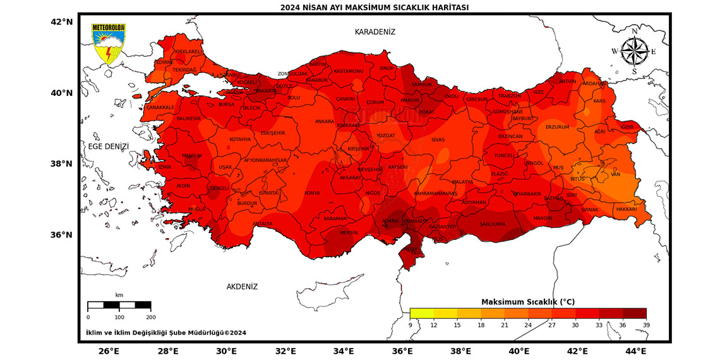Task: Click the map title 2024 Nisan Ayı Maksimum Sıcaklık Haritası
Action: pyautogui.click(x=375, y=7)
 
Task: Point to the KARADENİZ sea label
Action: pyautogui.click(x=375, y=32)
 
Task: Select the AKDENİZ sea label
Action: pyautogui.click(x=242, y=287)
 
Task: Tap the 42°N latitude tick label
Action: pyautogui.click(x=63, y=21)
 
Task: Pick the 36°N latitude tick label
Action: pyautogui.click(x=63, y=235)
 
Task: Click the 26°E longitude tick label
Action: pyautogui.click(x=109, y=351)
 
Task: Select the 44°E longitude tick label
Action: pyautogui.click(x=636, y=351)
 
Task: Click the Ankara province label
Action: pyautogui.click(x=325, y=121)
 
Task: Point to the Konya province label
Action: pyautogui.click(x=312, y=193)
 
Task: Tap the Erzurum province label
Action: pyautogui.click(x=558, y=127)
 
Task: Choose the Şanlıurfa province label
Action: pyautogui.click(x=493, y=224)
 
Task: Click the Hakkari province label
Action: pyautogui.click(x=627, y=209)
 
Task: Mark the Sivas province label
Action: pyautogui.click(x=438, y=140)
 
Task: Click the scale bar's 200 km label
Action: pyautogui.click(x=150, y=317)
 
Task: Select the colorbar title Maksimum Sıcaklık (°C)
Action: pyautogui.click(x=528, y=302)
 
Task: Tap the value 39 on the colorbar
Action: pyautogui.click(x=645, y=325)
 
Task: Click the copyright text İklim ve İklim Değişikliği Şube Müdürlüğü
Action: pyautogui.click(x=165, y=333)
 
